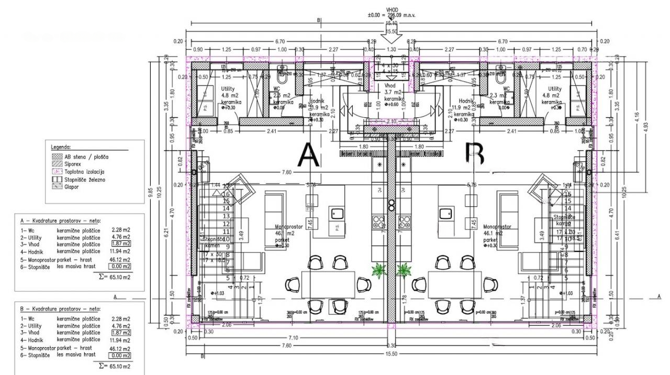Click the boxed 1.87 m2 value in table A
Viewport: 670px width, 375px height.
point(121,244)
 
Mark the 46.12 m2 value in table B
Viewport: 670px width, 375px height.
point(120,348)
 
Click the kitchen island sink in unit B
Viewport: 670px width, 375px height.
point(445,213)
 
